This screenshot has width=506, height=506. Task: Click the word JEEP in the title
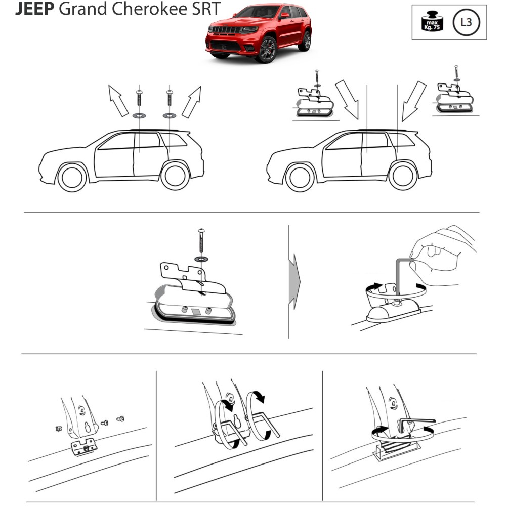pyautogui.click(x=35, y=8)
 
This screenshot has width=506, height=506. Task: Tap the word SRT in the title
pyautogui.click(x=206, y=8)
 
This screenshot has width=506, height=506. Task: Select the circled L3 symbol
pyautogui.click(x=467, y=22)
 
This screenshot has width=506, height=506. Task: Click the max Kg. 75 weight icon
pyautogui.click(x=432, y=22)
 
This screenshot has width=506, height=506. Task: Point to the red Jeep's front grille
pyautogui.click(x=225, y=30)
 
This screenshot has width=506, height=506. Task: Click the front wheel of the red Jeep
pyautogui.click(x=268, y=50)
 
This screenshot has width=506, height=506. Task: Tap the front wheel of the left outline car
pyautogui.click(x=72, y=178)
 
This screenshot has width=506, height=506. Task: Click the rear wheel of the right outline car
pyautogui.click(x=403, y=176)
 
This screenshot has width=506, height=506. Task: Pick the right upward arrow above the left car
pyautogui.click(x=192, y=102)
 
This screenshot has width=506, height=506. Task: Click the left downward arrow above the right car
pyautogui.click(x=347, y=100)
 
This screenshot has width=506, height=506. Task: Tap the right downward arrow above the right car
pyautogui.click(x=414, y=101)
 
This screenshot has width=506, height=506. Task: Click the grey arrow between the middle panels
pyautogui.click(x=294, y=282)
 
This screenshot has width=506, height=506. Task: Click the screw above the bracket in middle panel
pyautogui.click(x=202, y=240)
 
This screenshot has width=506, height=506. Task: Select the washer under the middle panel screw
pyautogui.click(x=201, y=259)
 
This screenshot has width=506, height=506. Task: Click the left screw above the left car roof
pyautogui.click(x=139, y=98)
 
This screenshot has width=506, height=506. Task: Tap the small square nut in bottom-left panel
pyautogui.click(x=58, y=429)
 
